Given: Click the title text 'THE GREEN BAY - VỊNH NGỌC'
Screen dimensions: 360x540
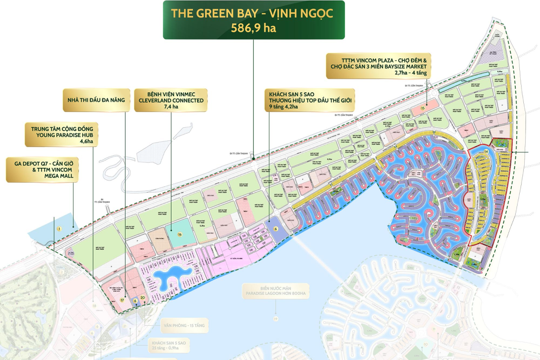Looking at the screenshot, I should point(253,13).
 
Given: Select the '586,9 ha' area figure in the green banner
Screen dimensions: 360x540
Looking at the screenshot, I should point(253,27).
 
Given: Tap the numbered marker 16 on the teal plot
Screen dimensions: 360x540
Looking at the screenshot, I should point(179,234).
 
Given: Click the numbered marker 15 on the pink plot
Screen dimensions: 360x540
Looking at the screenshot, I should point(423,108).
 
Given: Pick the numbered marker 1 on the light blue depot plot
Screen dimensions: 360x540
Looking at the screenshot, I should point(58,229).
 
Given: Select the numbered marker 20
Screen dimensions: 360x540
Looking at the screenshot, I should point(142,297).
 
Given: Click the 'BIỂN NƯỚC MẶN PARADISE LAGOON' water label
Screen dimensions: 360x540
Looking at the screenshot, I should point(275,291).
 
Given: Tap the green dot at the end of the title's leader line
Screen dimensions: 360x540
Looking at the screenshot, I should point(253,157).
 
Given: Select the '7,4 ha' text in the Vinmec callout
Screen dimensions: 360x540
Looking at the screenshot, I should point(171,107).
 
